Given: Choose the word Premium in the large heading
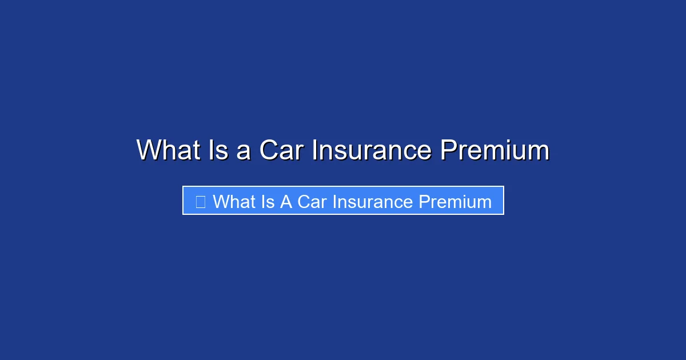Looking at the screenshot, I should tap(494, 150).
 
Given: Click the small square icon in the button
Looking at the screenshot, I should tap(200, 202).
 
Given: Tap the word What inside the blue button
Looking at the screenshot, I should tap(236, 202).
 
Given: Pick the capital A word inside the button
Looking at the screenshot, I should tap(286, 202).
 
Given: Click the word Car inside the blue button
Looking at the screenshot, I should tap(312, 202).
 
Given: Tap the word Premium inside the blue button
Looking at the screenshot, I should tap(455, 202).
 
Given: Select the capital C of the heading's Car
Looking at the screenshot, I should tap(269, 150).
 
